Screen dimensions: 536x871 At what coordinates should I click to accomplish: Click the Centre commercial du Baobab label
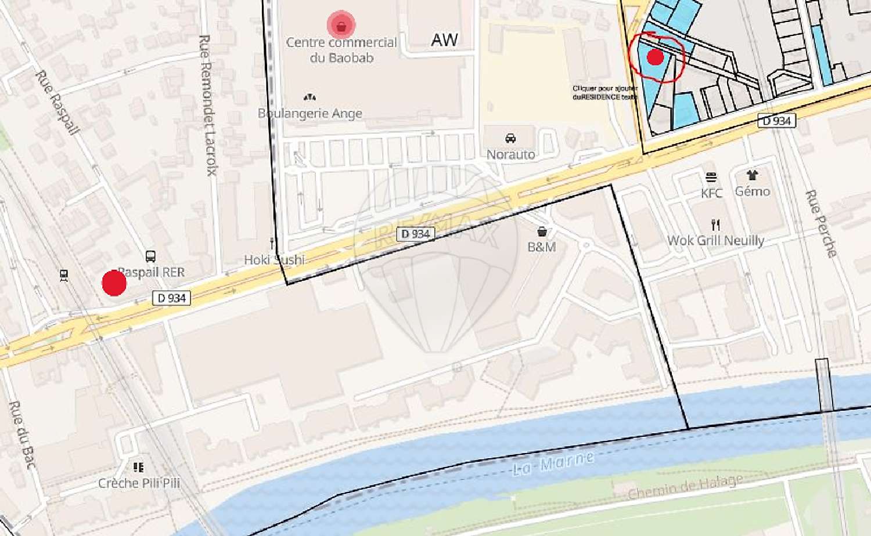point(341,50)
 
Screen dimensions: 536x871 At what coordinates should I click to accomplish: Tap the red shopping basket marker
point(341,26)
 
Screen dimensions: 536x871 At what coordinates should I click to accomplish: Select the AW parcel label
point(444,40)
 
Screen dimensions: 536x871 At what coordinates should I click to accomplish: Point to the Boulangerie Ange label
point(310,113)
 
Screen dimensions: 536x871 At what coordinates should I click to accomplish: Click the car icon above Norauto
point(510,139)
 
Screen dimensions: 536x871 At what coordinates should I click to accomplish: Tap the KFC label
point(711,193)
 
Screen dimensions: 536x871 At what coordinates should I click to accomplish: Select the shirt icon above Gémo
point(752,175)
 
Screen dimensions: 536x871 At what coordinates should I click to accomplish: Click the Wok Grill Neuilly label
point(715,240)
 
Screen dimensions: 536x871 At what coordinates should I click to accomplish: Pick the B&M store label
point(541,247)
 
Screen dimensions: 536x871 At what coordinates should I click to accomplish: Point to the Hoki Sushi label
point(274,259)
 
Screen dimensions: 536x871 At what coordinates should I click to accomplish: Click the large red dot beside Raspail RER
point(114,283)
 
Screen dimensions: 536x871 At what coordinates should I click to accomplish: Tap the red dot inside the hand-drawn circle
point(655,57)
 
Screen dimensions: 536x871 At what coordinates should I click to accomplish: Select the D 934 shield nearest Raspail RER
point(172,298)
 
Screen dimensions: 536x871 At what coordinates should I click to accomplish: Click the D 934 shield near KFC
point(776,121)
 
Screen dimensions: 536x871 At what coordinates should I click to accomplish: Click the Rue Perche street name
point(821,223)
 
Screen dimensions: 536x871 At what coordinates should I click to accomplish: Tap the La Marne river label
point(553,463)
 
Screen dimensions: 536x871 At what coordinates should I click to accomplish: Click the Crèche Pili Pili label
point(139,483)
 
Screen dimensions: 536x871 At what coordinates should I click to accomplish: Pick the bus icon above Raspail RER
point(150,256)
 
